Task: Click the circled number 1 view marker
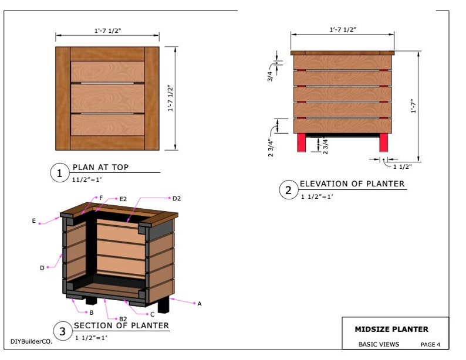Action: pos(59,174)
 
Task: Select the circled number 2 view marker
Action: pos(288,190)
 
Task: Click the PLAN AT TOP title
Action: pos(100,168)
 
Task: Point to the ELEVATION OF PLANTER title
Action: pos(352,184)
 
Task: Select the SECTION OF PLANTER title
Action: pos(121,325)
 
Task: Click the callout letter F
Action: pos(101,198)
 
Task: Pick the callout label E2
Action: pos(123,199)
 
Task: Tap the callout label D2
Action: pos(176,198)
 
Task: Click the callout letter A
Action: pos(200,304)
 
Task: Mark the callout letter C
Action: pos(153,314)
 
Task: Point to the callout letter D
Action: pos(42,268)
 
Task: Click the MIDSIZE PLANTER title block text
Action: pos(391,330)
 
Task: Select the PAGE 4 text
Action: pos(430,344)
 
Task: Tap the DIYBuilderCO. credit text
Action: pos(31,341)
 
